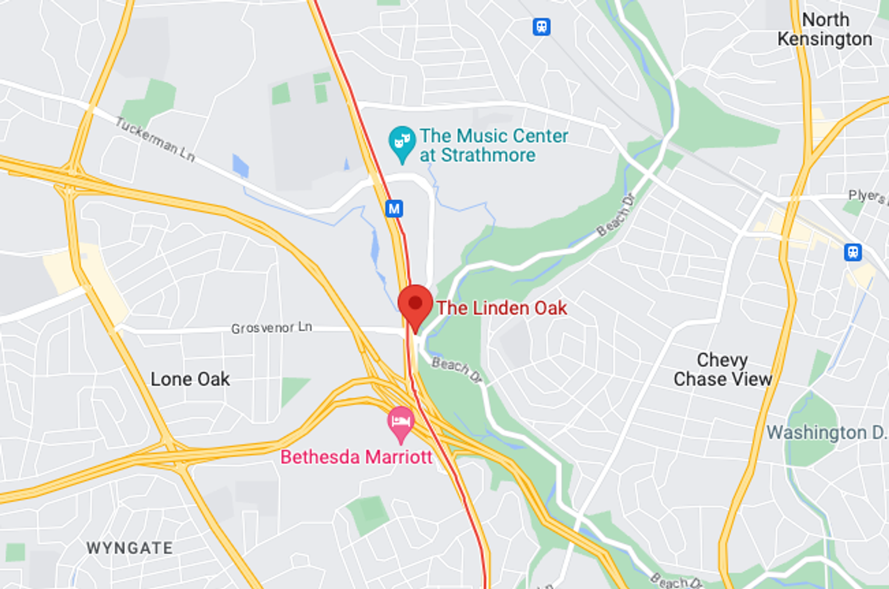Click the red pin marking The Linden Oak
(x=415, y=304)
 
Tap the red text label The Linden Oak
(x=502, y=308)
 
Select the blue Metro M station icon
(x=394, y=209)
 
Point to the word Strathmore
(x=488, y=155)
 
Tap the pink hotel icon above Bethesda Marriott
(x=401, y=422)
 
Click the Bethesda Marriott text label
(x=356, y=457)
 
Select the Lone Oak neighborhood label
(x=190, y=379)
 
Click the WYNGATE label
(x=130, y=548)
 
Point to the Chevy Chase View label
(x=722, y=369)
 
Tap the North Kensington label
(x=825, y=29)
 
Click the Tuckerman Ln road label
(x=155, y=139)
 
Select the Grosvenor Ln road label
(x=271, y=328)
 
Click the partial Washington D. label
(x=826, y=433)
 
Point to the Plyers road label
(x=867, y=196)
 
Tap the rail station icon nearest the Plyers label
(x=853, y=253)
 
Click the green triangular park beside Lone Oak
(x=293, y=389)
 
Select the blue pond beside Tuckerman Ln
(x=240, y=166)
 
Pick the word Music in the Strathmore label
(x=480, y=136)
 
